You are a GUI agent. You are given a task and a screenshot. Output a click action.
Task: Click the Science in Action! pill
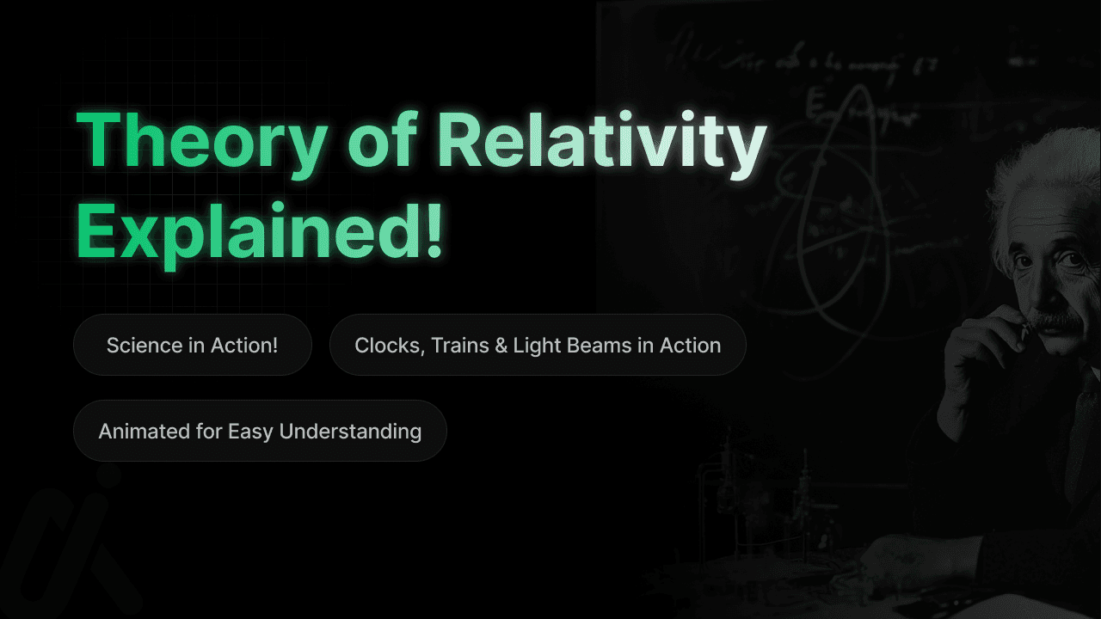pyautogui.click(x=192, y=345)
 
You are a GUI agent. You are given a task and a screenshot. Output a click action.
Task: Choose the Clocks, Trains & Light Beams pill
pyautogui.click(x=538, y=345)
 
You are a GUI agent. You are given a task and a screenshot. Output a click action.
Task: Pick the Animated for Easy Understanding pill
pyautogui.click(x=260, y=431)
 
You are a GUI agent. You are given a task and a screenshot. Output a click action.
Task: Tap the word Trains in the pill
pyautogui.click(x=459, y=346)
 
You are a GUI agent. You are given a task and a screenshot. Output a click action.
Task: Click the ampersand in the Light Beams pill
pyautogui.click(x=501, y=346)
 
